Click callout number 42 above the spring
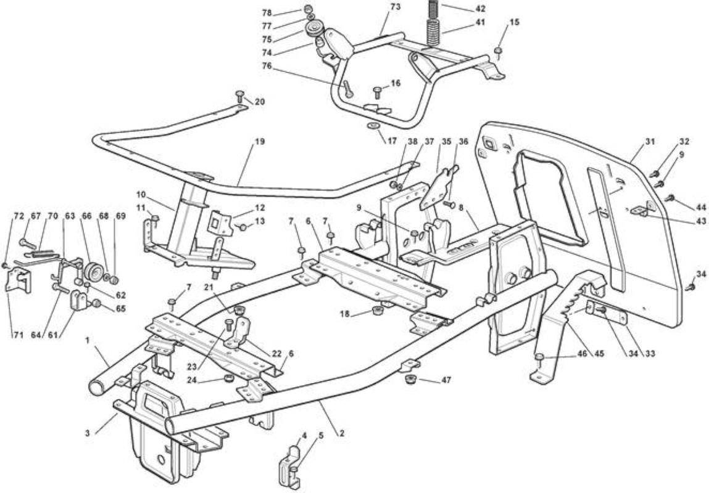point(480,8)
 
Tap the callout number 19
point(260,141)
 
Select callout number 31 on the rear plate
point(650,141)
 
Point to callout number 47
point(446,380)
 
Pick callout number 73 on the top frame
point(395,7)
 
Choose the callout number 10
point(141,195)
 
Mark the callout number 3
point(87,433)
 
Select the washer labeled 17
point(374,124)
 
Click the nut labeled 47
point(411,378)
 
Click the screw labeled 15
point(499,52)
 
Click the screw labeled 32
point(654,173)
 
